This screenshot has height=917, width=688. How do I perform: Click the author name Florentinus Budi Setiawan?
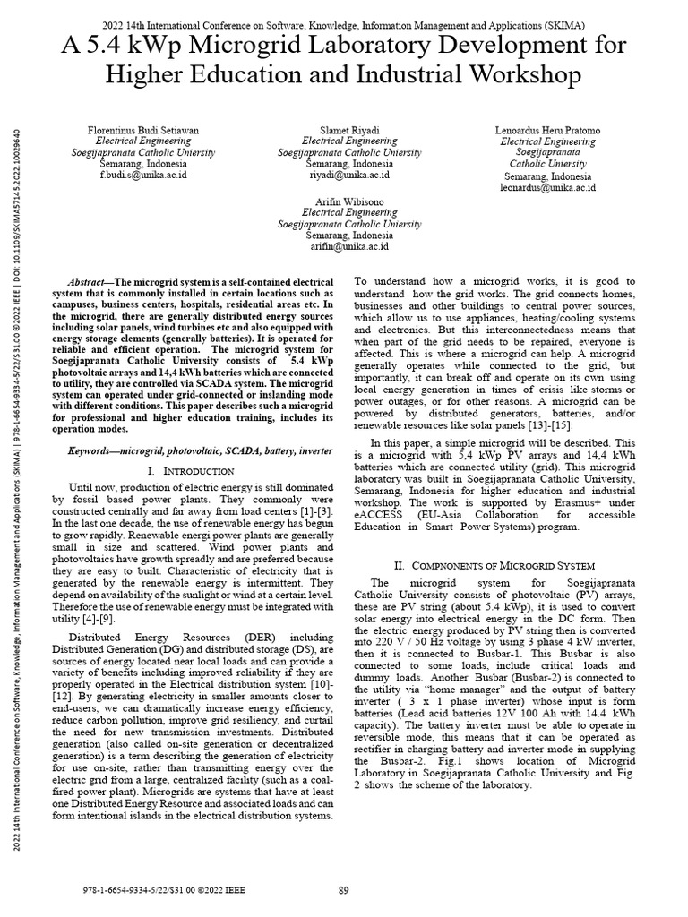click(146, 130)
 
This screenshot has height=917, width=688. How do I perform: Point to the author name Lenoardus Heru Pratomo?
click(548, 130)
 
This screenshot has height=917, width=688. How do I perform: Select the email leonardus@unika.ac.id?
click(548, 188)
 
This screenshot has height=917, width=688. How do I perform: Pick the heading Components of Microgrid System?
click(495, 566)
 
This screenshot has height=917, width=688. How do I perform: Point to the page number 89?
click(343, 889)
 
